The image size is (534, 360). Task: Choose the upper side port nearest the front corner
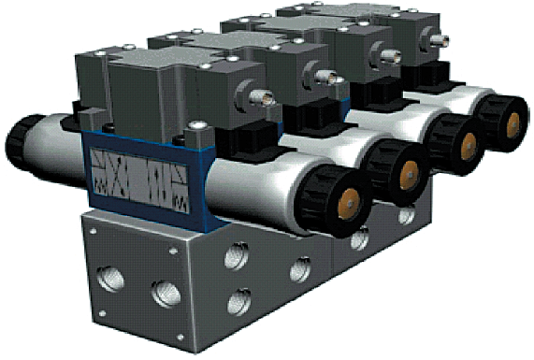pos(239,255)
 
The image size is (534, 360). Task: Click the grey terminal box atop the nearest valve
pos(150,84)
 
